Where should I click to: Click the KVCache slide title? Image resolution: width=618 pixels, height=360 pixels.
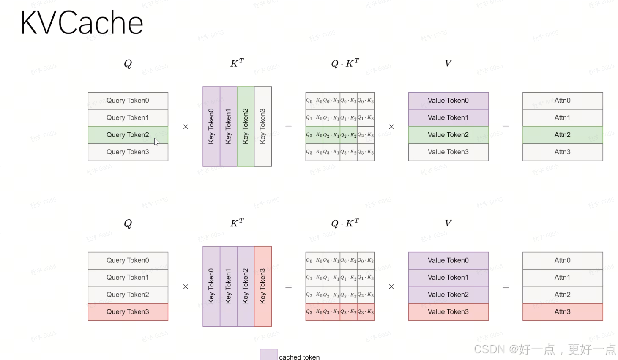82,23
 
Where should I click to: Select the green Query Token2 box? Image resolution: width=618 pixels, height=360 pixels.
128,135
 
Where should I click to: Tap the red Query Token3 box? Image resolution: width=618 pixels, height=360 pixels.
128,312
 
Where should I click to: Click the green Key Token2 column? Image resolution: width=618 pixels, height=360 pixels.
246,126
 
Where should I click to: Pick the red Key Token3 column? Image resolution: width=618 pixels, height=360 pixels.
263,286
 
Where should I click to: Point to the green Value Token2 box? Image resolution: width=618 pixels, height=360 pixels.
448,135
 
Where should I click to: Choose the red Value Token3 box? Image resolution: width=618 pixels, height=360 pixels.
448,312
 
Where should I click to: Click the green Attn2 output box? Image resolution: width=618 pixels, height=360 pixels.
562,135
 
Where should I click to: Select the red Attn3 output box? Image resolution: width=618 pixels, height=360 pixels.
562,312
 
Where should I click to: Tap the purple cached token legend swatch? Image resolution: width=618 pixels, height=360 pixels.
268,355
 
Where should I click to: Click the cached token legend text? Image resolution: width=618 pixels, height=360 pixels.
299,357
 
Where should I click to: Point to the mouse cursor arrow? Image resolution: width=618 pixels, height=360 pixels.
156,142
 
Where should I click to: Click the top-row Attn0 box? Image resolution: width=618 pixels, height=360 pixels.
562,101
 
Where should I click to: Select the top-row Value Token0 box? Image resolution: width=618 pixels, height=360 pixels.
448,101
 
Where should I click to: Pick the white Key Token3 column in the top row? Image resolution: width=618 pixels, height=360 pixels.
263,126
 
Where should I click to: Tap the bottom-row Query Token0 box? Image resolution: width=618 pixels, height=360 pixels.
128,260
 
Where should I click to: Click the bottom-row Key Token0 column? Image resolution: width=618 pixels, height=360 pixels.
211,286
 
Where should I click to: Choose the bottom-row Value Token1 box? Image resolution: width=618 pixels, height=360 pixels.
448,278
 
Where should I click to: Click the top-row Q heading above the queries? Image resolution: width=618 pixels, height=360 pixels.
128,64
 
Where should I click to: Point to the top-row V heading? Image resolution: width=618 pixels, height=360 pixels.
448,63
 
